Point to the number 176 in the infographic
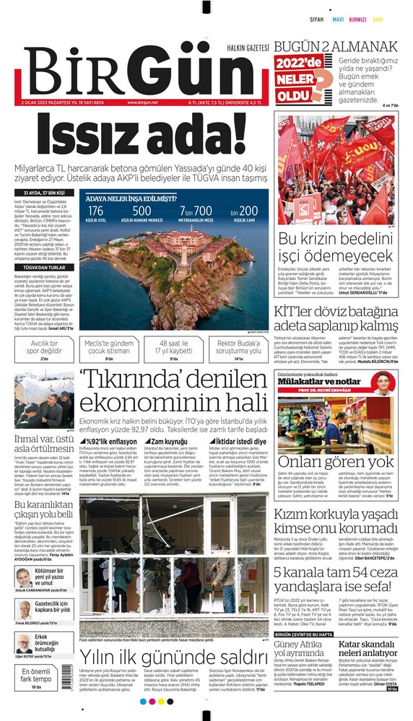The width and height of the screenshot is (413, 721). coord(97,211)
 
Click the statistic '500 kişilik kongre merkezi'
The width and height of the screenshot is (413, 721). coord(142,214)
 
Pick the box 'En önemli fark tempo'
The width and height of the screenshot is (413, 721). coord(36,679)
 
